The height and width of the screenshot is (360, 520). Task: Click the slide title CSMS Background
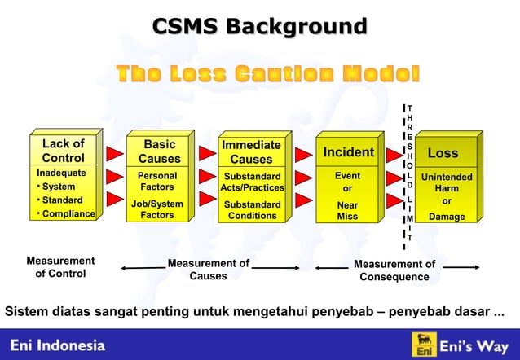point(259,27)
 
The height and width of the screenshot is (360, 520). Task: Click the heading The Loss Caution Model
point(268,76)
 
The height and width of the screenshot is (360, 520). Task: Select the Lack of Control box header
point(63,151)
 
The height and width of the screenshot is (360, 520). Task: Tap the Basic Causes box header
point(159,151)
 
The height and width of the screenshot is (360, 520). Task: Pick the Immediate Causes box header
point(251,152)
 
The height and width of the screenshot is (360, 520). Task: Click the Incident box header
point(348,152)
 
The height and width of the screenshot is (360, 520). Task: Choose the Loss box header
point(443,153)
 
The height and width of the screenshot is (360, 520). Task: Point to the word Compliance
point(68,214)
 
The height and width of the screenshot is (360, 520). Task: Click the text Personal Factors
point(156,181)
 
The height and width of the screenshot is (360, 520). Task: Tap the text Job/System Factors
point(156,209)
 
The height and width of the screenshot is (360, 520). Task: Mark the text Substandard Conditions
point(252,210)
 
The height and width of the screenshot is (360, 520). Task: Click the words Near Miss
point(347,210)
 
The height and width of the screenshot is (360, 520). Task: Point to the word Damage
point(447,217)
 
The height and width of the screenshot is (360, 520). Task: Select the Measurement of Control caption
point(60,267)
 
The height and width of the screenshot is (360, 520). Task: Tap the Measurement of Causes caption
point(208,270)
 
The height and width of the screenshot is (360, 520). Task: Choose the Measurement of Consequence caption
point(394,270)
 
